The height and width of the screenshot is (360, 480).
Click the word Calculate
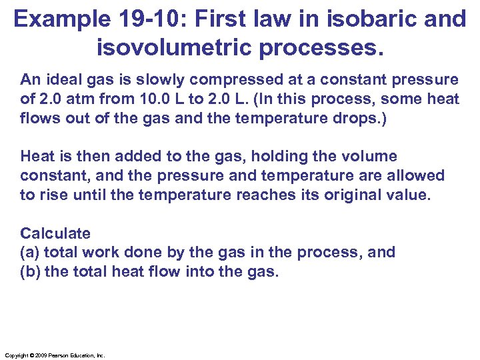point(55,233)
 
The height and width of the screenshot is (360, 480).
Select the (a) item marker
point(31,252)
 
